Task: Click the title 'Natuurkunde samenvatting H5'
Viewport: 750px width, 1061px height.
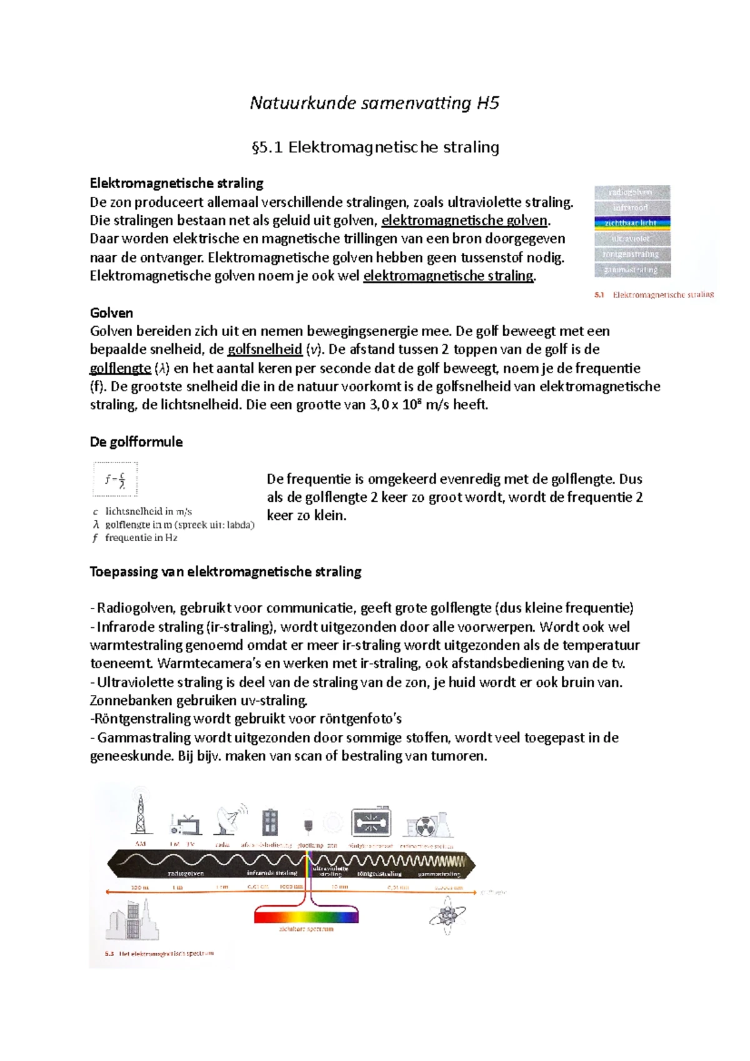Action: click(374, 103)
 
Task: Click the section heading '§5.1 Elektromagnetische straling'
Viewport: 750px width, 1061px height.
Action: click(374, 147)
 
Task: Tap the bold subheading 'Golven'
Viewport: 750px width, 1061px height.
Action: click(111, 313)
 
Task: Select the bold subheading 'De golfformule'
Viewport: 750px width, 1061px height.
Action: click(136, 442)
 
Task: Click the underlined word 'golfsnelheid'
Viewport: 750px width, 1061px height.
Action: click(265, 349)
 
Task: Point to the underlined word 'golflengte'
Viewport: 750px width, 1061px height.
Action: click(120, 368)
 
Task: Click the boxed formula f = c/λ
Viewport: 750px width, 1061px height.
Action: click(116, 480)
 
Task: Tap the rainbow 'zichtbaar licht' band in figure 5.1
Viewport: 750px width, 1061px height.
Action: click(632, 223)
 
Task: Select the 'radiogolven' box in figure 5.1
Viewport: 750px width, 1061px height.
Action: click(632, 192)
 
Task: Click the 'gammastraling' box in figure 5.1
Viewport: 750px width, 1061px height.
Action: click(632, 270)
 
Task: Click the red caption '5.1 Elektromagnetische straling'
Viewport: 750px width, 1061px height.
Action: click(654, 295)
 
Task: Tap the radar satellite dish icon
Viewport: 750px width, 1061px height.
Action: click(229, 820)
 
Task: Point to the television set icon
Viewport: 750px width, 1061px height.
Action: click(186, 825)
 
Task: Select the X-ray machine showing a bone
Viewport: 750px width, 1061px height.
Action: click(371, 823)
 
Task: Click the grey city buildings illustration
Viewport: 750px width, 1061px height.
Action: click(132, 920)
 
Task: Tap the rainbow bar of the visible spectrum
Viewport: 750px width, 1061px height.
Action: click(306, 917)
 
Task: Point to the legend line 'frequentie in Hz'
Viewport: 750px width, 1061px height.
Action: click(141, 538)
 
